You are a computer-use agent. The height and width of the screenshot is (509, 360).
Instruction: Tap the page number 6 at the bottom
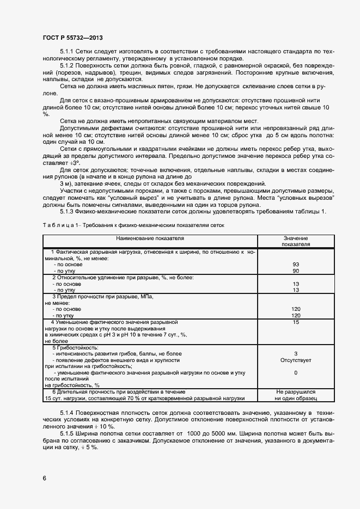coord(45,478)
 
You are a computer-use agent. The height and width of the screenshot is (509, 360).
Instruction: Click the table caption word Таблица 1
coord(59,225)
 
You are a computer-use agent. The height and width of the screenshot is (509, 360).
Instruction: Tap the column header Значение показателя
coord(296,241)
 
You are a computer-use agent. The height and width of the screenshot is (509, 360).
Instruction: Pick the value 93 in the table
coord(296,264)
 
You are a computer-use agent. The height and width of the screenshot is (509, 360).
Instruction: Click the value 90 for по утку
coord(296,271)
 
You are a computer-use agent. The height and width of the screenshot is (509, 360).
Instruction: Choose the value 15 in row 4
coord(296,322)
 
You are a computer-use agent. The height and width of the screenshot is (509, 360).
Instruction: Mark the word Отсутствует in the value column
coord(296,360)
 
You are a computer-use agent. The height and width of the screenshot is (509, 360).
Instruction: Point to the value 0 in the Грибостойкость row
coord(296,373)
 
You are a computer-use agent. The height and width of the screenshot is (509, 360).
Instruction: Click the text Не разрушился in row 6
coord(296,391)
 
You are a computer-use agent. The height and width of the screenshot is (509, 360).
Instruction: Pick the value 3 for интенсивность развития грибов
coord(296,353)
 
